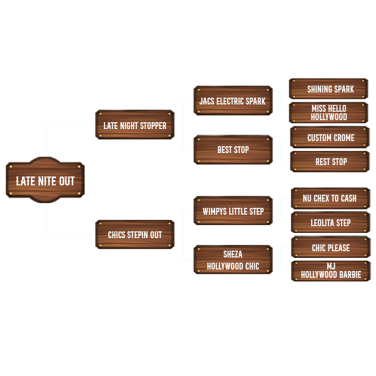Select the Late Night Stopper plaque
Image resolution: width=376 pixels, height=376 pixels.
coord(135,125)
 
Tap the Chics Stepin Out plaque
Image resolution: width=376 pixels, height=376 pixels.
coord(135,234)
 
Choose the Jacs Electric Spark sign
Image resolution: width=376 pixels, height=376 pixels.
coord(232,100)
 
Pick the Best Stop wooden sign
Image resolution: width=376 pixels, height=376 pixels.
coord(233,149)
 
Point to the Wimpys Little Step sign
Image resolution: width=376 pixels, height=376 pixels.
coord(233,211)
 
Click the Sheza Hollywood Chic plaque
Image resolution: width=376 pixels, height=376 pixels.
coord(233,260)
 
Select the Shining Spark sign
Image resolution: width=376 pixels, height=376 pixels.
coord(330,89)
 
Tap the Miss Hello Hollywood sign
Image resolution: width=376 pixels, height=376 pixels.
coord(329,112)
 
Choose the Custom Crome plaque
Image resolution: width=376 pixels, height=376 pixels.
coord(330,137)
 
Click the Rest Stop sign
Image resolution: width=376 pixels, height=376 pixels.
coord(331,161)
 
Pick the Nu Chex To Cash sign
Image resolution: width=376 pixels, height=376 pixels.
coord(330,198)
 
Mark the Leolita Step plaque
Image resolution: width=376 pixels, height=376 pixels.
coord(331,222)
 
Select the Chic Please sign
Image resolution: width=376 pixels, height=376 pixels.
coord(331,247)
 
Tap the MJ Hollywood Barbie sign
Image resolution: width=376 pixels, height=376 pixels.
coord(331,271)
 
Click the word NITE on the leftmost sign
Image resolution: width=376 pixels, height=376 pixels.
coord(45,181)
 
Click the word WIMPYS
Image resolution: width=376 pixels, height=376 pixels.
coord(215,211)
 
